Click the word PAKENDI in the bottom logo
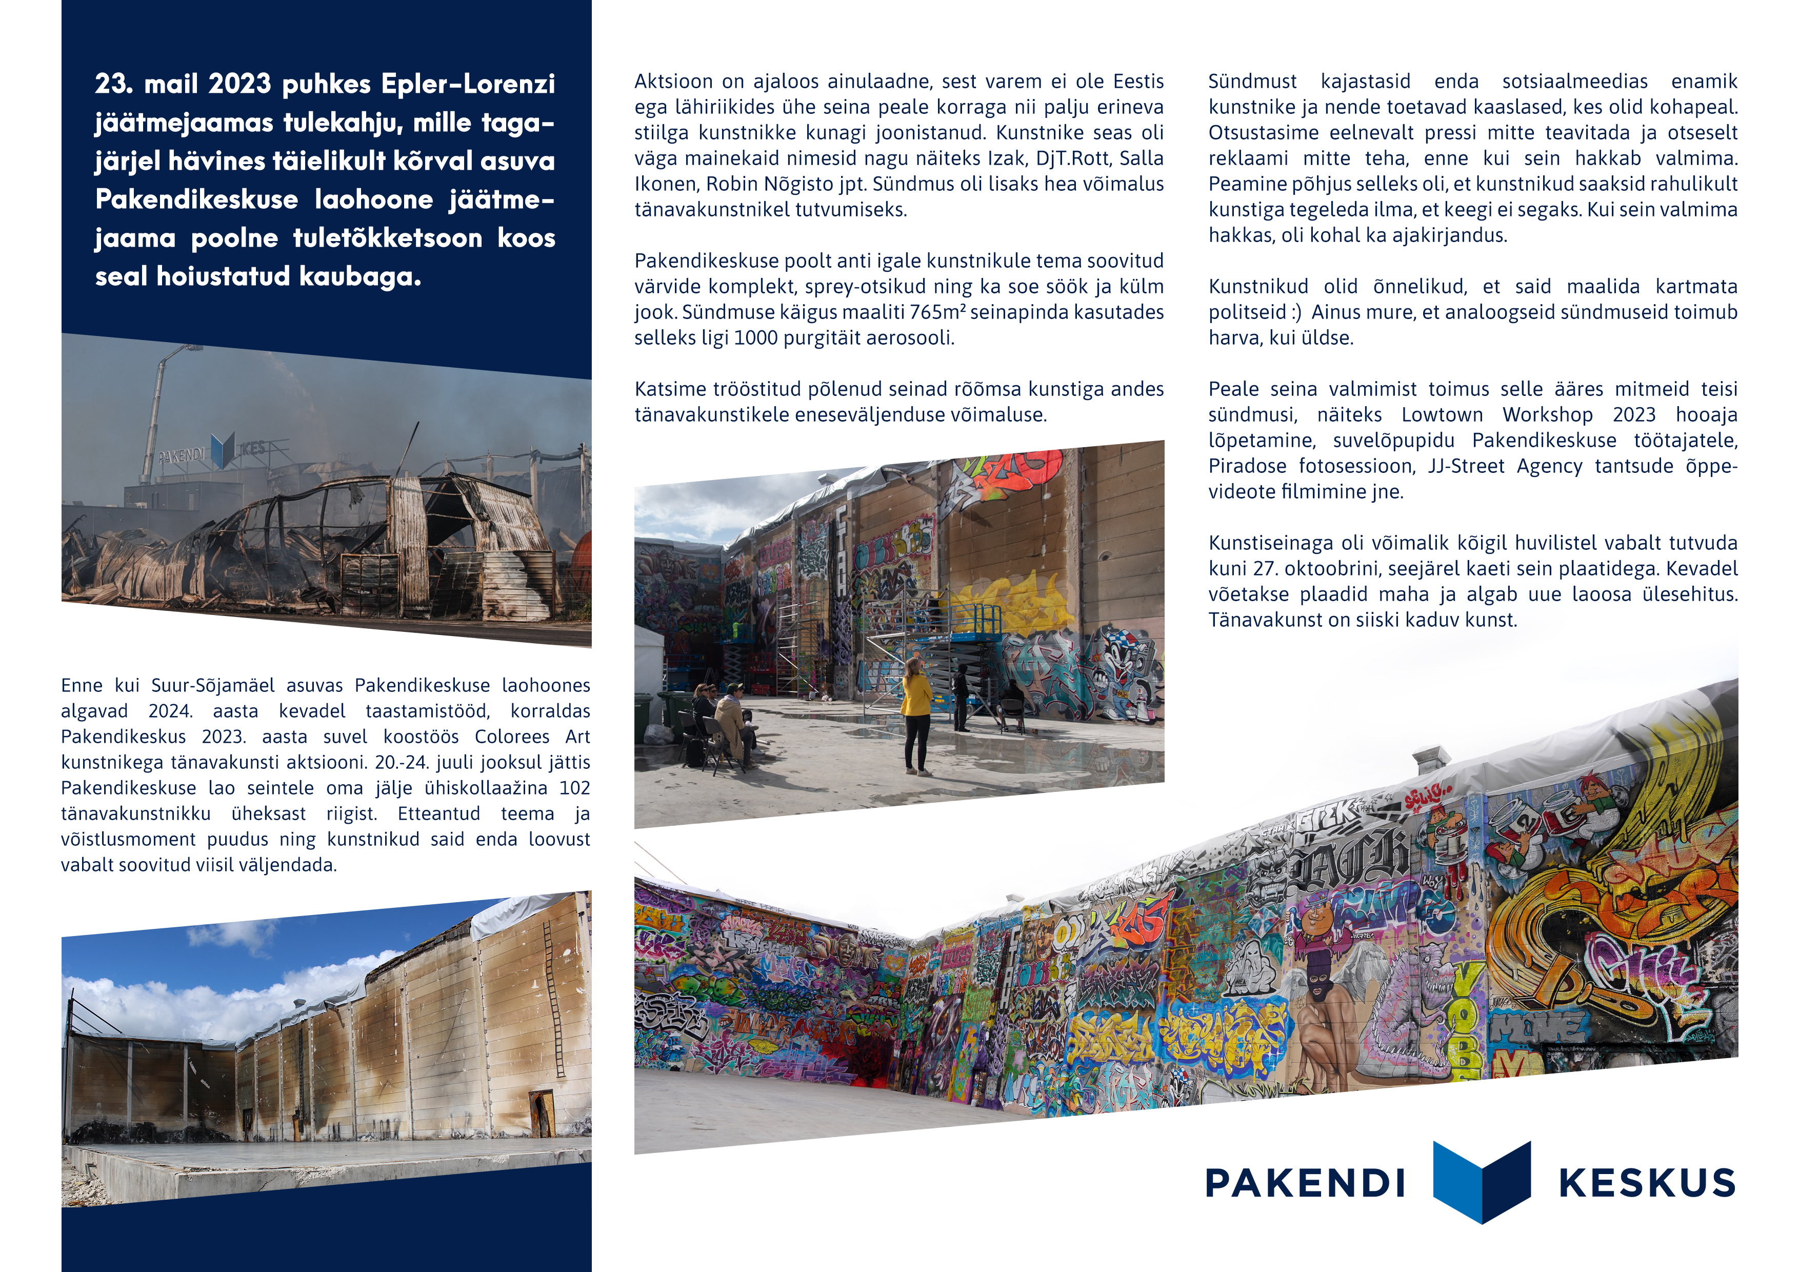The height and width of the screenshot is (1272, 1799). coord(1305,1183)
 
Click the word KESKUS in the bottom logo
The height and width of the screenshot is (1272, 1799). coord(1648,1183)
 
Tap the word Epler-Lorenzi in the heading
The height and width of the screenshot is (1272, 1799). coord(469,84)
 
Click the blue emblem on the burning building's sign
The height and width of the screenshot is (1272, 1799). coord(223,451)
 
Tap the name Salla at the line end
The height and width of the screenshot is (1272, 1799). coord(1141,158)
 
